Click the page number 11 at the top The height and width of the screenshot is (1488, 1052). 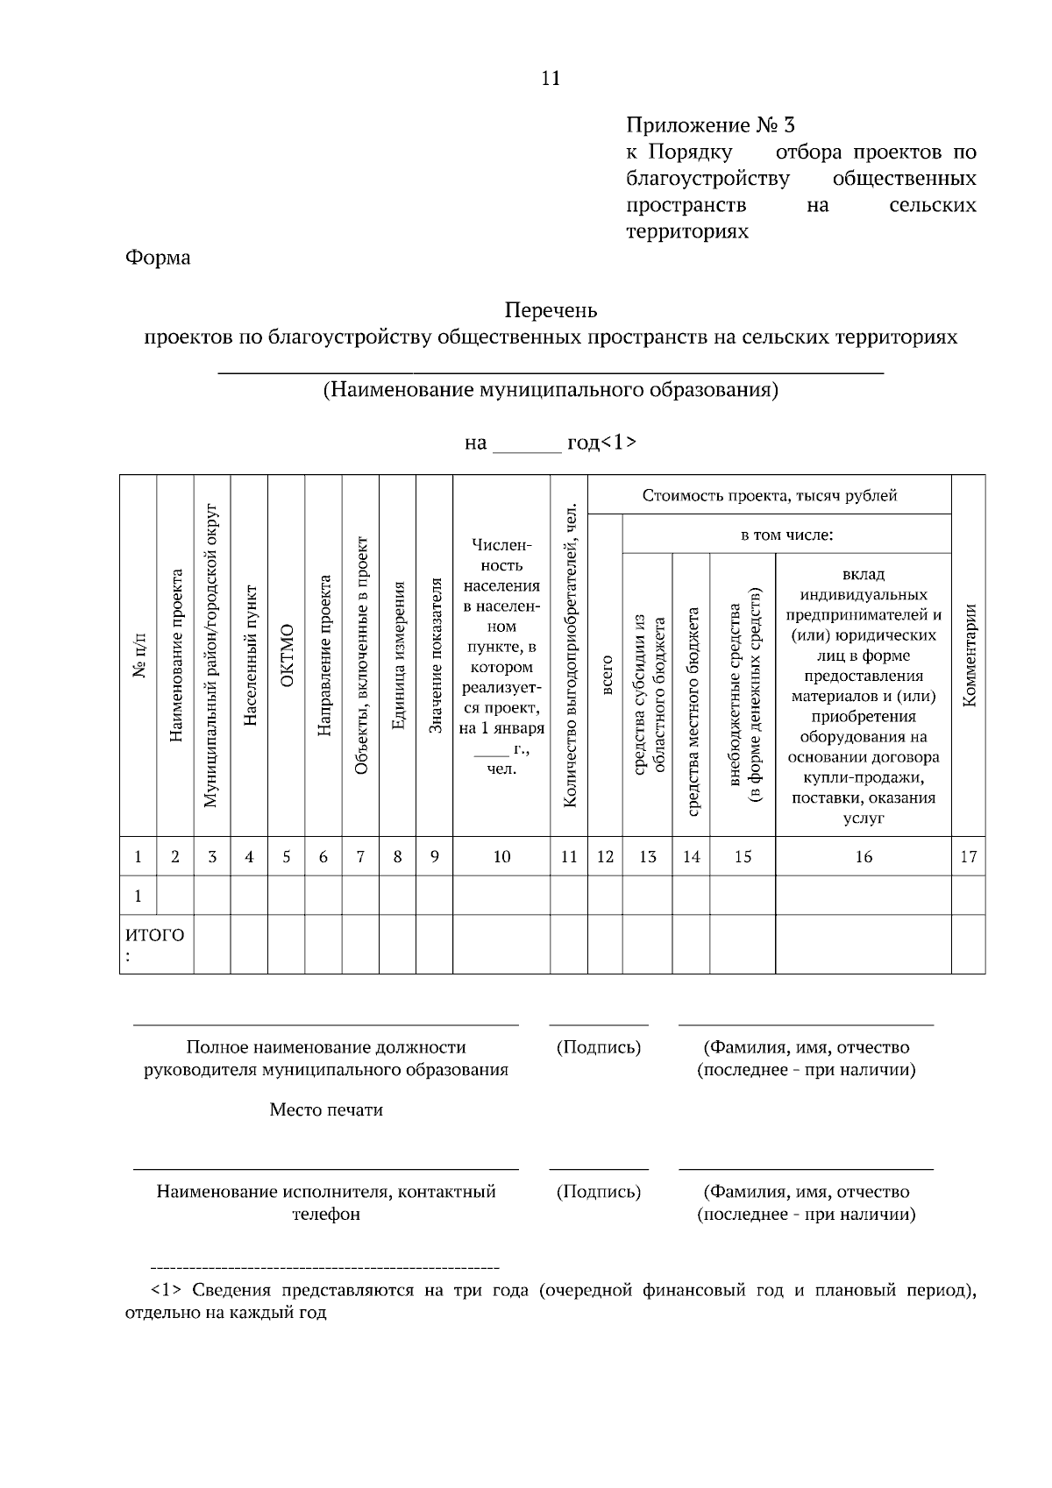point(551,78)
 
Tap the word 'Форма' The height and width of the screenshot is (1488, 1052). point(158,258)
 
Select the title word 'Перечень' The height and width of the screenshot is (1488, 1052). point(551,310)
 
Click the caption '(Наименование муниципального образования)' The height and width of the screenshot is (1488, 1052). point(551,390)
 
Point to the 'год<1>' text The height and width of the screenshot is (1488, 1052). point(602,443)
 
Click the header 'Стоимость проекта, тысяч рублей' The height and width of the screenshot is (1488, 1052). point(769,495)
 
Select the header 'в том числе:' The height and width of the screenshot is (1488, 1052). point(786,535)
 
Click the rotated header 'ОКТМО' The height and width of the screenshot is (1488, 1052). point(287,656)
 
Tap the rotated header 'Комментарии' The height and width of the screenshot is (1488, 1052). point(969,655)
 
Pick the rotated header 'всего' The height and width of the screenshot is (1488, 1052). point(605,676)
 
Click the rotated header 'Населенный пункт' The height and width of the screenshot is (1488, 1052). point(249,656)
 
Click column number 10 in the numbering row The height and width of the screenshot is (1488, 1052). point(501,857)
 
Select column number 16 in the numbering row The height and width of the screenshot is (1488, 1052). point(864,857)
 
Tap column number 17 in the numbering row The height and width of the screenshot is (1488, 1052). point(968,857)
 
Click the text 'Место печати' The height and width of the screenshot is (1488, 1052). point(326,1110)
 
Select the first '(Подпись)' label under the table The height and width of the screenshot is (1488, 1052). point(599,1047)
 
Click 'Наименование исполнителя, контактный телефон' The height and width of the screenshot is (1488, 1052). point(326,1202)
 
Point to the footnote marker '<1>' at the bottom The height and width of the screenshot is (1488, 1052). point(167,1291)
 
